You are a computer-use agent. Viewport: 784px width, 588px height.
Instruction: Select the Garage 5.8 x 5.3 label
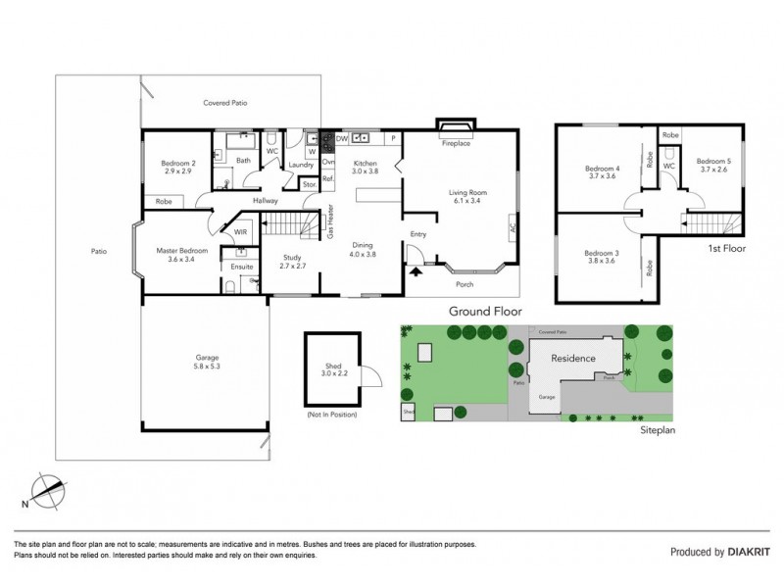206,363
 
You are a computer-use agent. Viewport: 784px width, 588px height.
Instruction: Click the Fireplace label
457,144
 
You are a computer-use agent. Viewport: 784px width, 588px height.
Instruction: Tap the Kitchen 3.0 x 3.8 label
365,167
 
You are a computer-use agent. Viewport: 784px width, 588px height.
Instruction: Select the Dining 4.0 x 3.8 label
364,249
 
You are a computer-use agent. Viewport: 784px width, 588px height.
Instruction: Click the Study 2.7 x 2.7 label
294,262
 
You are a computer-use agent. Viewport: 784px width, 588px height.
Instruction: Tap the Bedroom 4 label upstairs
602,171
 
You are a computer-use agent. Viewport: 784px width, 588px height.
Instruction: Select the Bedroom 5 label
713,165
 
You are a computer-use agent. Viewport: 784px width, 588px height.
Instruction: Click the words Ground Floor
484,311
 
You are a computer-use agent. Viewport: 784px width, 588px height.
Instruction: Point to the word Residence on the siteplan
573,359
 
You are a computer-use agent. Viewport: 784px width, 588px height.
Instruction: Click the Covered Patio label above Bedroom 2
224,102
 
